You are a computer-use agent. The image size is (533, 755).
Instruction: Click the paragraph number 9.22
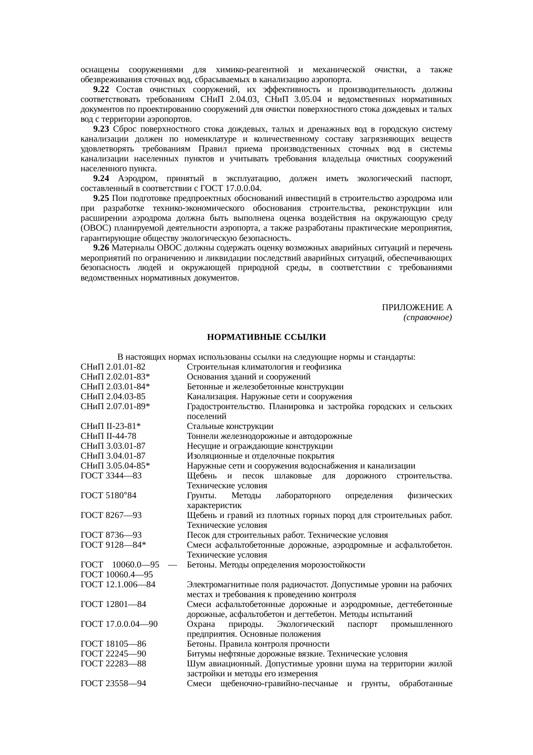coord(101,89)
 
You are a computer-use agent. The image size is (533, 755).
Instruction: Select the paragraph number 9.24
coord(101,179)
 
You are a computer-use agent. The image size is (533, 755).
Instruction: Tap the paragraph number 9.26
coord(101,248)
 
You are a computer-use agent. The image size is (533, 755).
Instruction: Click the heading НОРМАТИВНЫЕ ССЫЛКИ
coord(266,337)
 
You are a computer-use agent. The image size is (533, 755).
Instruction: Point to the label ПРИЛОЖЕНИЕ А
coord(417,308)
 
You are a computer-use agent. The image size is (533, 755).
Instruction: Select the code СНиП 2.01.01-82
coord(113,367)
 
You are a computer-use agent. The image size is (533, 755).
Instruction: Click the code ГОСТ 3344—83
coord(111,476)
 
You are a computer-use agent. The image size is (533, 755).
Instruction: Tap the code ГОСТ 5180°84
coord(108,496)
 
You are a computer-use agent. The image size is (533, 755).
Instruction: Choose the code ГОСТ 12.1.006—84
coord(118,585)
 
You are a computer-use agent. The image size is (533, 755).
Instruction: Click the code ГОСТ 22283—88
coord(113,664)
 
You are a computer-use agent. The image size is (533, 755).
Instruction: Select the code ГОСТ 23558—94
coord(113,684)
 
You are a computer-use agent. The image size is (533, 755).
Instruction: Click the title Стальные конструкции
coord(230,426)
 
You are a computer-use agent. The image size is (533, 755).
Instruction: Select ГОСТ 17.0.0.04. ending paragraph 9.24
coord(235,188)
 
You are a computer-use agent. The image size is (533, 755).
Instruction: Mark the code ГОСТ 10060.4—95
coord(116,575)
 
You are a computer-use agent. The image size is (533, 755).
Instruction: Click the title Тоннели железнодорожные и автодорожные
coord(270,436)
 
